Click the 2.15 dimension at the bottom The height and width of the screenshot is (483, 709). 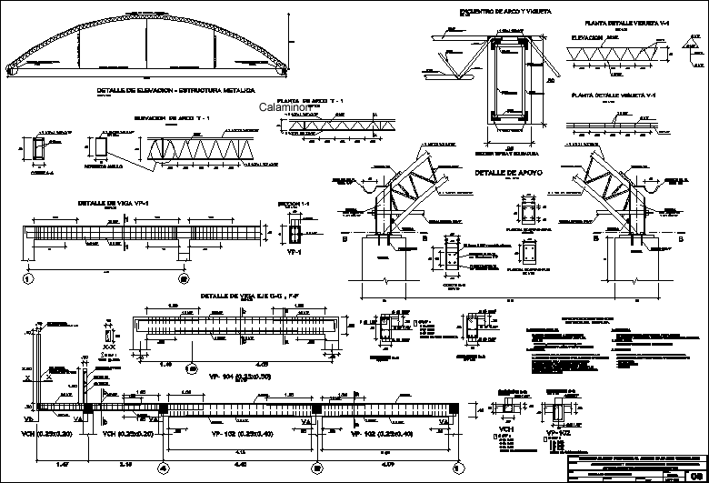[125, 465]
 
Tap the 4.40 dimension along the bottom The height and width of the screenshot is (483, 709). [239, 465]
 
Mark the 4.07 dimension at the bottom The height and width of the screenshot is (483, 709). [387, 465]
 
